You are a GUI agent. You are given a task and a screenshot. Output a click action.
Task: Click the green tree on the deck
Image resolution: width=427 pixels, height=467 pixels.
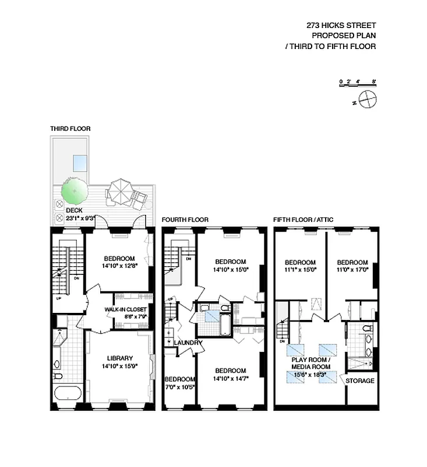(75, 191)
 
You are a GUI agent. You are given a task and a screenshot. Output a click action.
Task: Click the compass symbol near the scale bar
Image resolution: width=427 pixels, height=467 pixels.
(368, 100)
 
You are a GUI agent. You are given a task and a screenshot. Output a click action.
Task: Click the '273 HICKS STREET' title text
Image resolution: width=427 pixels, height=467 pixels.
(341, 25)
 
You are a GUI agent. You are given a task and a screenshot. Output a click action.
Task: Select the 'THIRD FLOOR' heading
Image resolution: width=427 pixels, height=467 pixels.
(70, 128)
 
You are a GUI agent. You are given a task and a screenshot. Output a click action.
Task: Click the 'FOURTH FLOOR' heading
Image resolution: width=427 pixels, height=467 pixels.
(185, 220)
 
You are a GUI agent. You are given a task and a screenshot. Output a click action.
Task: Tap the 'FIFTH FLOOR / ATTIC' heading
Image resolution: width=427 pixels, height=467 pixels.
(304, 220)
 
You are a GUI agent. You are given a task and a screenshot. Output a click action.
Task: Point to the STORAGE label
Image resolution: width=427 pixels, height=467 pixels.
(360, 381)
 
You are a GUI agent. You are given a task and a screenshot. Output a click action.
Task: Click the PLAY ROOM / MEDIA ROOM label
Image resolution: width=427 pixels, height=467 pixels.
(311, 363)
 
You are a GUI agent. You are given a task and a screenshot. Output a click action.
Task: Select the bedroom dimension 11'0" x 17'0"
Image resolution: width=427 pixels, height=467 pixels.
(352, 270)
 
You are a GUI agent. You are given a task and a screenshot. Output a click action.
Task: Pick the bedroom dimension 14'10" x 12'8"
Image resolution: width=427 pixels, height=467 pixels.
(119, 267)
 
